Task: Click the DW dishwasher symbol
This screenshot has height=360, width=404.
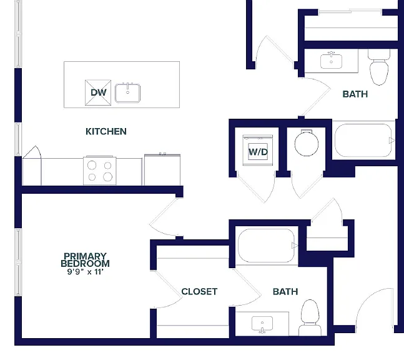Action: [x=98, y=92]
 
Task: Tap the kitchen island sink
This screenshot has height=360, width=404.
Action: [x=127, y=93]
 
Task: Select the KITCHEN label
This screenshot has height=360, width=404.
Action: [x=106, y=131]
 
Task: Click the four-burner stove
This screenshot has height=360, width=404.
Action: [x=100, y=171]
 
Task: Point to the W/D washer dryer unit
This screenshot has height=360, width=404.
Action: [x=258, y=150]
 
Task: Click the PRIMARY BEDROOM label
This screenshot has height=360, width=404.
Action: [x=86, y=260]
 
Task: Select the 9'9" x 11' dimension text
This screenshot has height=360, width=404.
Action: [x=86, y=272]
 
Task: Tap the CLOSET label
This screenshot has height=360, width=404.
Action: [x=199, y=292]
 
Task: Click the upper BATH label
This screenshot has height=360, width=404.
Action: [x=355, y=94]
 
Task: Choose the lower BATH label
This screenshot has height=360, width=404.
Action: [x=285, y=292]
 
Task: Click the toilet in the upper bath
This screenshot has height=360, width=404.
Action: [x=379, y=67]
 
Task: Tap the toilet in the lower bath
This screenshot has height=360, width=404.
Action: [x=310, y=317]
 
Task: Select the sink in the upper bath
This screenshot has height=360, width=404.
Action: [x=332, y=61]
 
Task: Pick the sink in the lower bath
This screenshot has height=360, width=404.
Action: [x=262, y=324]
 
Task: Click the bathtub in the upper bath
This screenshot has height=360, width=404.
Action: [x=363, y=141]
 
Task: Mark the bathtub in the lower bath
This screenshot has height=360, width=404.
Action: [x=267, y=246]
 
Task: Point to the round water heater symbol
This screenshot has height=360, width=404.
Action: [x=307, y=144]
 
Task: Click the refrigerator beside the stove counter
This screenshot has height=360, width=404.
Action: [x=162, y=169]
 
